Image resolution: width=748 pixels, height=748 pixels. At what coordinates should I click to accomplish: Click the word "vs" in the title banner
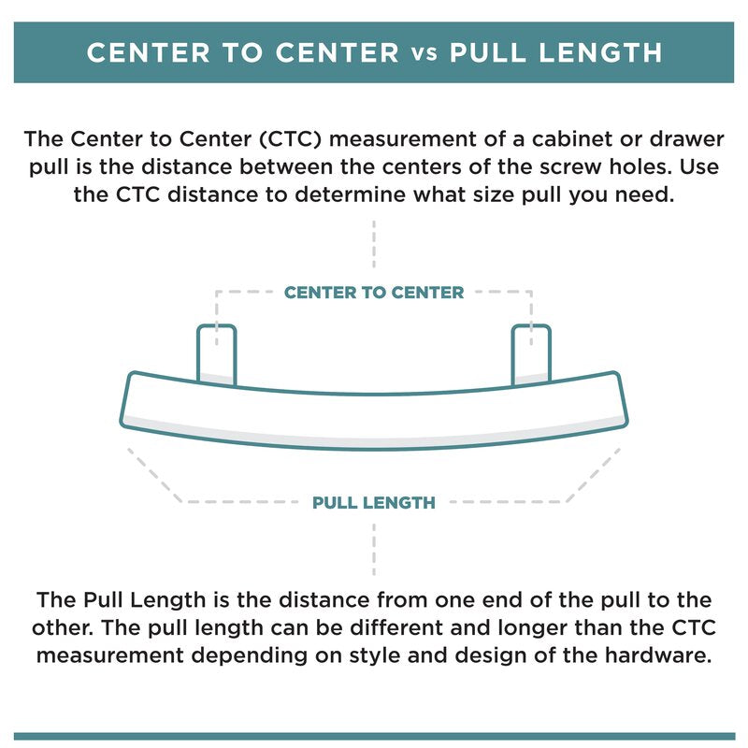point(424,53)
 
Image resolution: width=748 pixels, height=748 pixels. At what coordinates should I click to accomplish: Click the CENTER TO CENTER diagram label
point(374,293)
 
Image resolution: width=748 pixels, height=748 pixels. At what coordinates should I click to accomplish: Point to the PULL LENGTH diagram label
point(374,502)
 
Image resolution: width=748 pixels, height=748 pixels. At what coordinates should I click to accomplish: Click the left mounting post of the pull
point(216,353)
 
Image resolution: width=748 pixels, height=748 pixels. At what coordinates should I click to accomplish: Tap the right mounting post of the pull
point(531,353)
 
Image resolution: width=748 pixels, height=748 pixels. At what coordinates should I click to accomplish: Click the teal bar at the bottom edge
point(374,736)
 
